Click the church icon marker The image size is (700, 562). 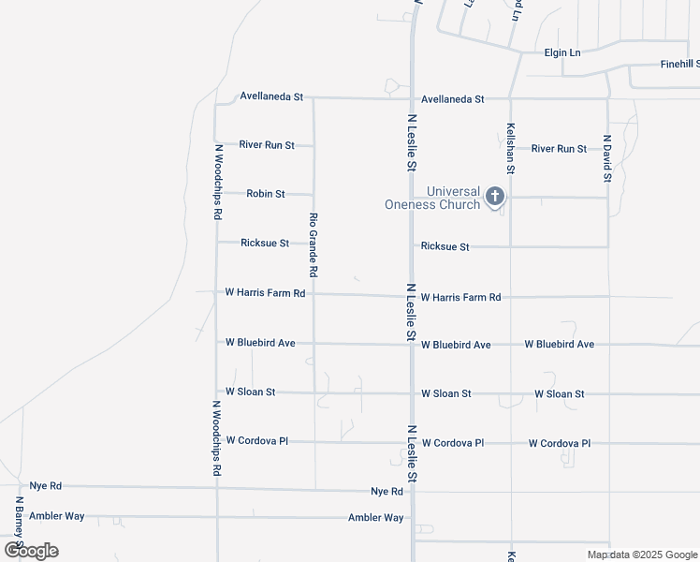[x=494, y=197]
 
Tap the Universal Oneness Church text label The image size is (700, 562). [x=432, y=198]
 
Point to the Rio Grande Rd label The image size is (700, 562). [x=314, y=244]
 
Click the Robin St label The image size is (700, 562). [x=265, y=194]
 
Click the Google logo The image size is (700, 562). [x=31, y=551]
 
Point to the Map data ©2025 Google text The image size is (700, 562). [x=641, y=555]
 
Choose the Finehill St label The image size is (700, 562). [x=679, y=64]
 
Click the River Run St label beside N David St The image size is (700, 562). [x=559, y=149]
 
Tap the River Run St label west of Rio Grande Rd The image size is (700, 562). [x=267, y=145]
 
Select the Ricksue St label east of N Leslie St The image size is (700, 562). [x=445, y=246]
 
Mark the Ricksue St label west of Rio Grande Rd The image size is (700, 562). [x=265, y=243]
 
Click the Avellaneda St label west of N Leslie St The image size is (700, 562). [x=271, y=96]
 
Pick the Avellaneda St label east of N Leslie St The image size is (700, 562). [x=452, y=98]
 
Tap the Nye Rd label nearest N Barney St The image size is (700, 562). [x=45, y=486]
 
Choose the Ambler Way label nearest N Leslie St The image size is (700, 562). [x=375, y=518]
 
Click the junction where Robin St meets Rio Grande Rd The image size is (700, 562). [x=314, y=195]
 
